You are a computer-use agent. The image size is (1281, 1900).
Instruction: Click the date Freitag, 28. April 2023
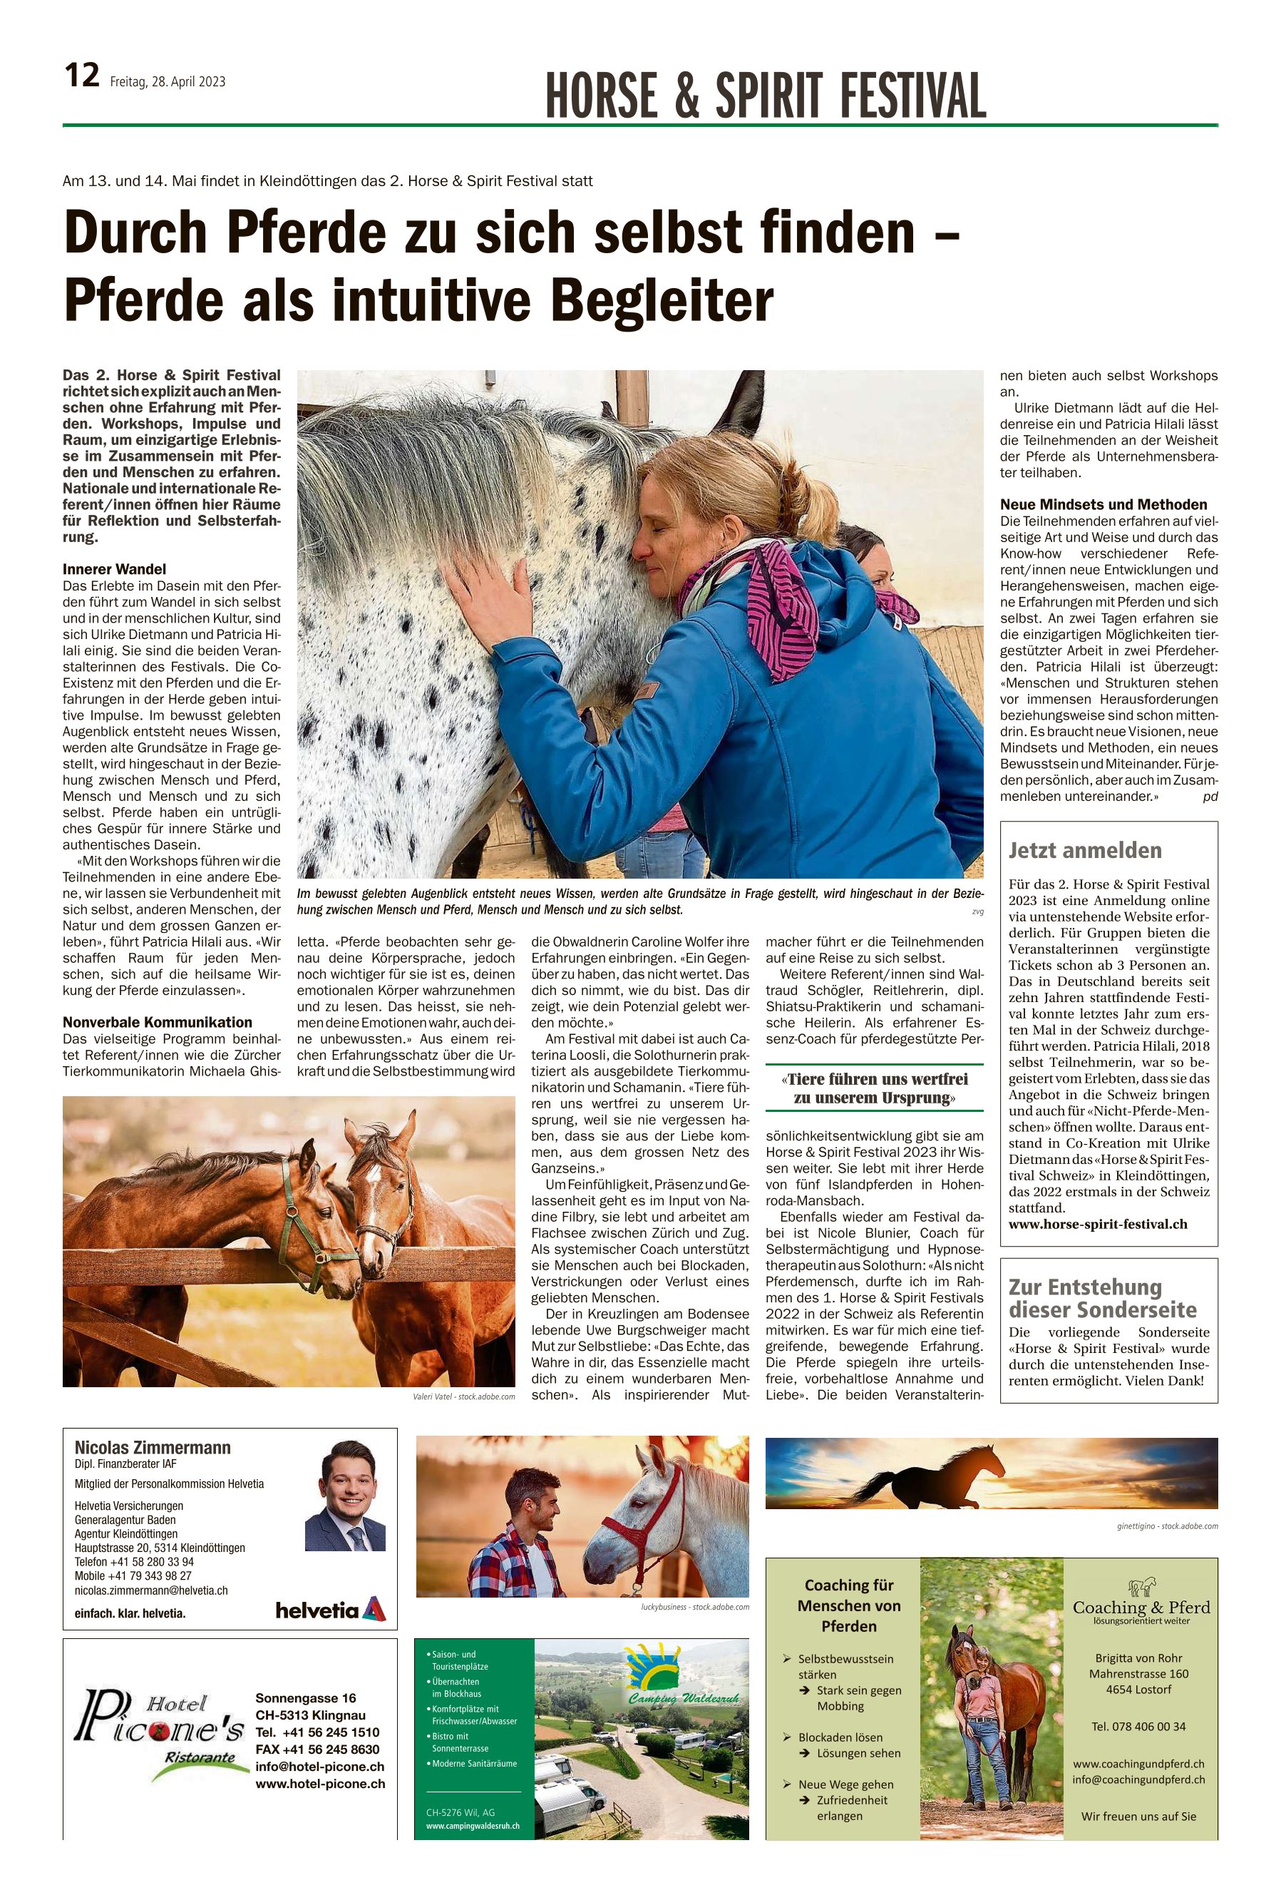coord(168,82)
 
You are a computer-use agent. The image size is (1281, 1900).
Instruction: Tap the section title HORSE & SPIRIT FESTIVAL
coord(766,96)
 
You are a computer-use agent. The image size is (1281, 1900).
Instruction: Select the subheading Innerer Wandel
coord(114,568)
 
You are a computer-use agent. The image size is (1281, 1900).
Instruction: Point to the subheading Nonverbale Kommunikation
coord(158,1022)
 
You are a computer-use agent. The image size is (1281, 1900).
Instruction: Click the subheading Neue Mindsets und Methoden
coord(1103,504)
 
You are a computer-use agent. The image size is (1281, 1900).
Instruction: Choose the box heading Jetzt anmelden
coord(1085,851)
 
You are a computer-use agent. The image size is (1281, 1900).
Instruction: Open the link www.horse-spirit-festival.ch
coord(1098,1224)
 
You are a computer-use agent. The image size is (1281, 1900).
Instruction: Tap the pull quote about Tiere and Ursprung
coord(874,1088)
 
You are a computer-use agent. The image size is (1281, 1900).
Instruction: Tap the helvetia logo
coord(330,1610)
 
